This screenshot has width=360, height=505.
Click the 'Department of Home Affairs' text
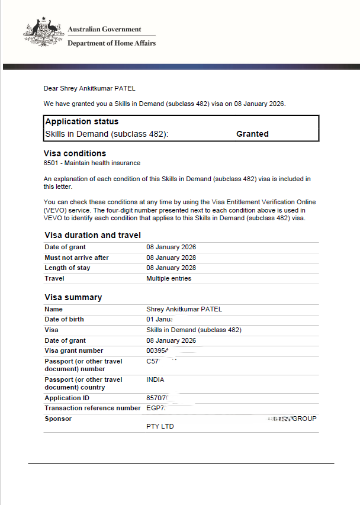click(x=111, y=43)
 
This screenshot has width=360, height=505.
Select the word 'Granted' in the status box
click(x=252, y=134)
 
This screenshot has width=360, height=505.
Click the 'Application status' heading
click(x=82, y=121)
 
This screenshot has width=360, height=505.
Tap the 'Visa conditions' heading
click(x=75, y=153)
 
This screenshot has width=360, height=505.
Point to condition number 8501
click(x=51, y=163)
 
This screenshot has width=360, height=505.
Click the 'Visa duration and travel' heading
click(x=92, y=235)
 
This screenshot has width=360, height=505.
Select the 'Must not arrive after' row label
click(x=76, y=258)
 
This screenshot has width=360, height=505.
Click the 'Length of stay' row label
click(x=67, y=268)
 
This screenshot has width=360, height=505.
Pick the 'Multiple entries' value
click(x=169, y=278)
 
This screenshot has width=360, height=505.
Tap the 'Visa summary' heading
click(x=73, y=297)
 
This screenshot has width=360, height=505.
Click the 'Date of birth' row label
click(x=64, y=319)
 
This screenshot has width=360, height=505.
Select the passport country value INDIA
click(x=155, y=379)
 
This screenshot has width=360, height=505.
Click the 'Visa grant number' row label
click(x=73, y=350)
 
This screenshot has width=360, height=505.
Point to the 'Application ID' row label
click(x=66, y=398)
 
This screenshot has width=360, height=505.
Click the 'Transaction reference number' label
click(x=92, y=408)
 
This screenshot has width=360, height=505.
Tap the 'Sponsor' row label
click(x=58, y=419)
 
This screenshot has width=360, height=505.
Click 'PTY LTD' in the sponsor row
click(x=160, y=426)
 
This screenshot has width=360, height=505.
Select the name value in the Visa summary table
click(x=184, y=309)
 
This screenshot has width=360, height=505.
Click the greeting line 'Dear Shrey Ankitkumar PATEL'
click(x=89, y=88)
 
